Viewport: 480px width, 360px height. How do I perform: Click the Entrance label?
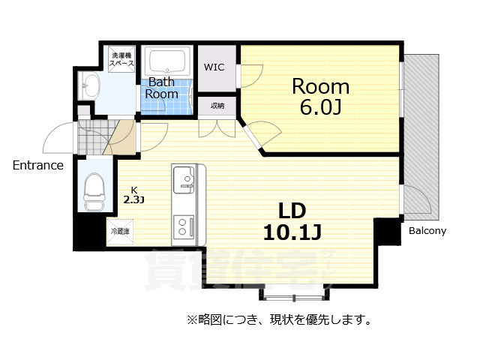(37, 165)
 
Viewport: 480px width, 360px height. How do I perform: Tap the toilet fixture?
(94, 193)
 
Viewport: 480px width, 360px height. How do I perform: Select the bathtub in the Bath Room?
(169, 59)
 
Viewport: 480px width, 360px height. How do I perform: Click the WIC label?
(214, 66)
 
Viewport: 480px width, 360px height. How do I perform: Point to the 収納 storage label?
(217, 106)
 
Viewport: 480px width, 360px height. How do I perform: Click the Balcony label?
(427, 231)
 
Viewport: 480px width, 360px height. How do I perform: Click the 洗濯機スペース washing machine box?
(121, 60)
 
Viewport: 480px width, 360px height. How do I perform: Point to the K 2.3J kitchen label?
(133, 195)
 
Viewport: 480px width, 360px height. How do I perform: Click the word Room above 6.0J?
(320, 85)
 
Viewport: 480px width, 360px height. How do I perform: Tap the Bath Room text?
(162, 88)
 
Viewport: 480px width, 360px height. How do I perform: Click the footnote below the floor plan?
(280, 320)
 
